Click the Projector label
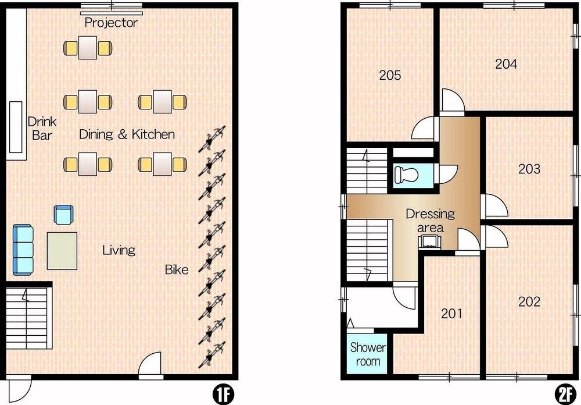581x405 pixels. click(x=111, y=23)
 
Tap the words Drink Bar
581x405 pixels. click(x=42, y=128)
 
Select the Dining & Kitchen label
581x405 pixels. click(x=127, y=134)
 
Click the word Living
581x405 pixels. click(x=119, y=250)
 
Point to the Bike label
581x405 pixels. click(x=177, y=269)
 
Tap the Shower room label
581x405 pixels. click(x=368, y=354)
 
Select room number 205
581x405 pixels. click(x=390, y=76)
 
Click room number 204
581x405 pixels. click(x=506, y=64)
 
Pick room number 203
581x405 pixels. click(x=529, y=169)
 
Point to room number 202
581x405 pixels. click(x=529, y=301)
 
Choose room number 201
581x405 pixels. click(x=451, y=314)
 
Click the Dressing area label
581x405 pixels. click(x=430, y=220)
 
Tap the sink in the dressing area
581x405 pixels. click(x=430, y=241)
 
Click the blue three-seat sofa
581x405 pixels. click(x=23, y=250)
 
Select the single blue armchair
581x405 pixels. click(x=64, y=215)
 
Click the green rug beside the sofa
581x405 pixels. click(x=62, y=251)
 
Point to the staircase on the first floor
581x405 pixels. click(x=29, y=318)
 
